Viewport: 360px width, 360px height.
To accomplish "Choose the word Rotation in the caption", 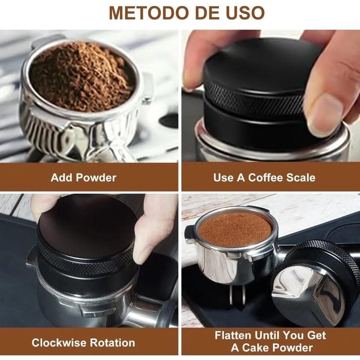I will pyautogui.click(x=113, y=342).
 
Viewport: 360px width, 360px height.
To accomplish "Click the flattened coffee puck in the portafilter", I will pyautogui.click(x=235, y=229).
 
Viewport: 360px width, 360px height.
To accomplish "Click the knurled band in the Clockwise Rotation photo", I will pyautogui.click(x=86, y=263).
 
